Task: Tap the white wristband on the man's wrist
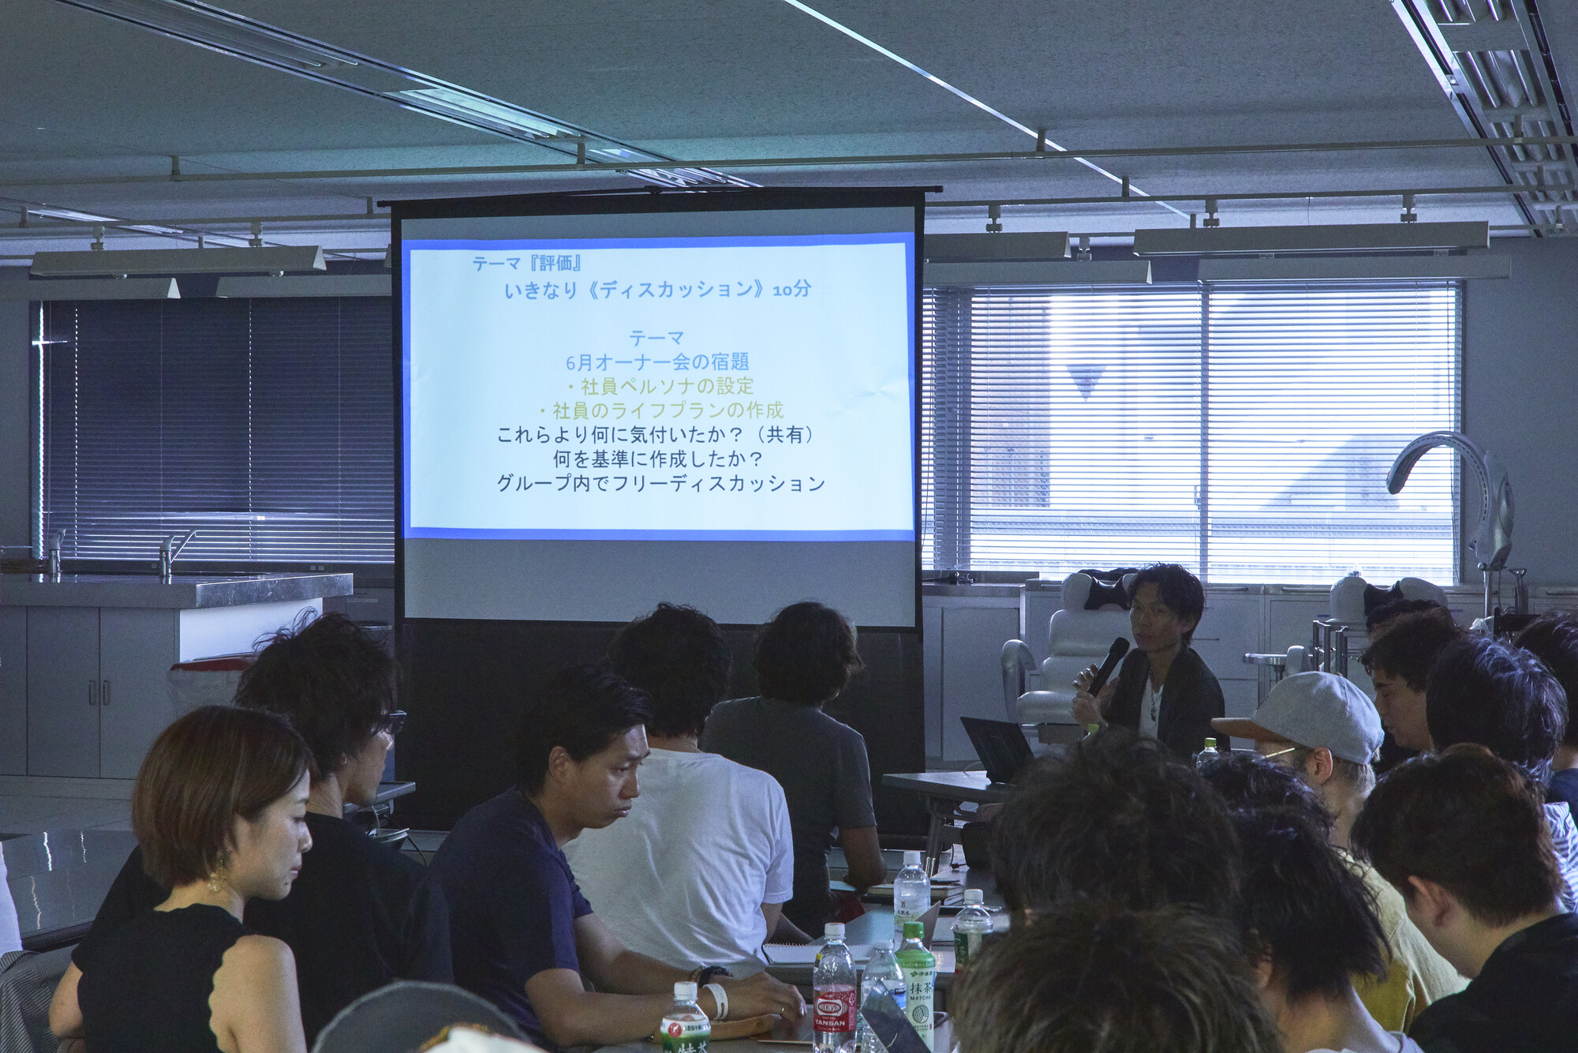tap(719, 999)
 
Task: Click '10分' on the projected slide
tap(791, 290)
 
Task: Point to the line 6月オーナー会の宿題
tap(656, 362)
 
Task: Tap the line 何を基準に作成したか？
tap(657, 459)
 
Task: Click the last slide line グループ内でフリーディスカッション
tap(660, 483)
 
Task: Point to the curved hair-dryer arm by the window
tap(1444, 466)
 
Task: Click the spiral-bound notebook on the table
tap(789, 953)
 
